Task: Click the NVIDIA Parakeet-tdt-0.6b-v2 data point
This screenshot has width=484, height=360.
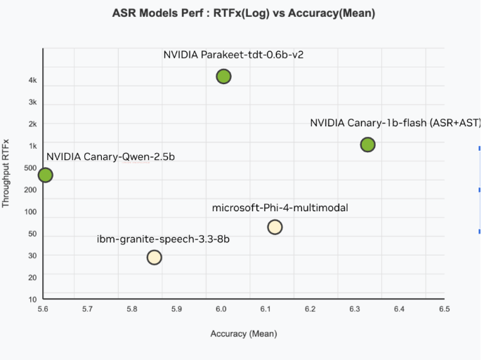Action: tap(223, 76)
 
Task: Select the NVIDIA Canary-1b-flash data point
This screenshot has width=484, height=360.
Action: tap(367, 145)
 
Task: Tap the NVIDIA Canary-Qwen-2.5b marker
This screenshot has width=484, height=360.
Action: tap(45, 175)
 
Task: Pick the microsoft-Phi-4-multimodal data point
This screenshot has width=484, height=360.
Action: tap(275, 227)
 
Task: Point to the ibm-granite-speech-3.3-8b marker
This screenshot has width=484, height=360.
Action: tap(155, 257)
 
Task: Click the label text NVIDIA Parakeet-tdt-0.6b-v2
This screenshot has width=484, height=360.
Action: tap(233, 55)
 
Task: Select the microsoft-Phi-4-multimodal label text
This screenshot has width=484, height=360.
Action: tap(280, 208)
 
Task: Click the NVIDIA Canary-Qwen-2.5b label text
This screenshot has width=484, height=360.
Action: tap(110, 156)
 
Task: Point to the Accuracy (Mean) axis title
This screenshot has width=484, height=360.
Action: tap(244, 334)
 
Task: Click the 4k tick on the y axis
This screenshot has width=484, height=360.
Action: tap(32, 81)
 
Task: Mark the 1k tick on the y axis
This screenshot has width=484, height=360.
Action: tap(32, 146)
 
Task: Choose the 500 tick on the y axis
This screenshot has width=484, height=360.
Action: tap(29, 168)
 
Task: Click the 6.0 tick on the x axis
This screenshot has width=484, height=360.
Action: tap(221, 309)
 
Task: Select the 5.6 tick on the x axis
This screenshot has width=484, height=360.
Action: tap(43, 309)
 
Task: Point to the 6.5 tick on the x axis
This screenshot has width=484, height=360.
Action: tap(443, 309)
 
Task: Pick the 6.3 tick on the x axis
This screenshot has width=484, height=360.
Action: tap(355, 309)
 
